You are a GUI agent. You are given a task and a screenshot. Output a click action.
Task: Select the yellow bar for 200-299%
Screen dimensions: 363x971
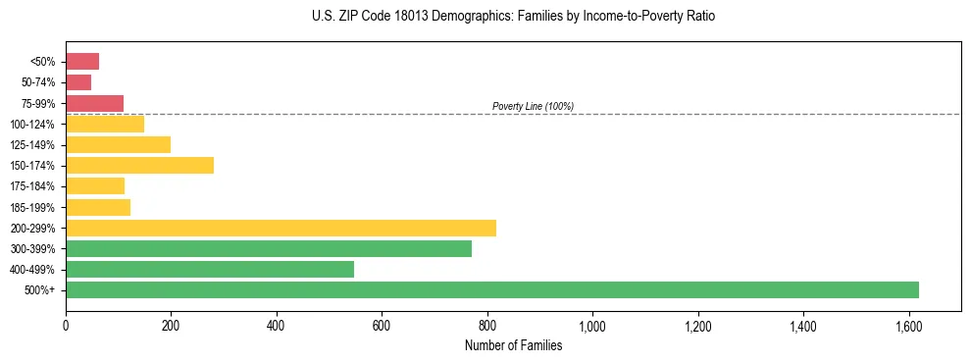pyautogui.click(x=281, y=228)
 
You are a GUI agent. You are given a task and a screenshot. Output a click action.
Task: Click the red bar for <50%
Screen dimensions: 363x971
pyautogui.click(x=82, y=62)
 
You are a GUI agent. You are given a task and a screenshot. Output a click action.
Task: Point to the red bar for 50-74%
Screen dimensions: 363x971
pyautogui.click(x=78, y=82)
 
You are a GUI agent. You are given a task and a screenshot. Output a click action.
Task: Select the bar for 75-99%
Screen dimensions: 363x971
pyautogui.click(x=94, y=103)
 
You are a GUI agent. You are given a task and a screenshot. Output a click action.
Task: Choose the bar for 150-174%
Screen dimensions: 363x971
pyautogui.click(x=139, y=165)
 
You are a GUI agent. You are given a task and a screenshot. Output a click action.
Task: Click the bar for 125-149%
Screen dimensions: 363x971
pyautogui.click(x=118, y=144)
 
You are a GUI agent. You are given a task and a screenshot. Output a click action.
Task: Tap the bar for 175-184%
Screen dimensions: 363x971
pyautogui.click(x=95, y=185)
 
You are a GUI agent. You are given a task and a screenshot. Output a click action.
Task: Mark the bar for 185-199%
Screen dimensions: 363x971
pyautogui.click(x=98, y=207)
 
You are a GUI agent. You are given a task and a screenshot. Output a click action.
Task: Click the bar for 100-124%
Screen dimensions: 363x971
pyautogui.click(x=105, y=124)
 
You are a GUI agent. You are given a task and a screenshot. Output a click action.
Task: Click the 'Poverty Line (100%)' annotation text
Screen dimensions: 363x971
pyautogui.click(x=533, y=106)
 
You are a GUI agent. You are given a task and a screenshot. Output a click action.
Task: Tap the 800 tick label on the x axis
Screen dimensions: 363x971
pyautogui.click(x=486, y=325)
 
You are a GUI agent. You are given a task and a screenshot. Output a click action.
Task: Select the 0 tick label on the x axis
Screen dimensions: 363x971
pyautogui.click(x=66, y=325)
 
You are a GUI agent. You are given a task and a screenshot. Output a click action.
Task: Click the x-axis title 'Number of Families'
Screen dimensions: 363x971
pyautogui.click(x=513, y=344)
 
